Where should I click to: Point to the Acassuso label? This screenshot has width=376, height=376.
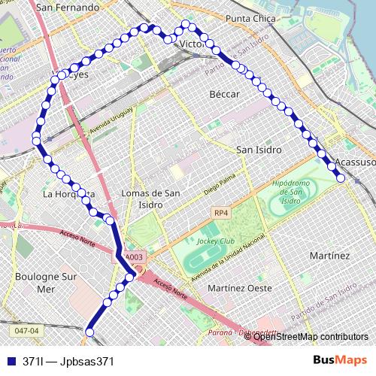point(356,162)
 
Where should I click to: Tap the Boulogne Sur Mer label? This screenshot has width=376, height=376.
point(46,282)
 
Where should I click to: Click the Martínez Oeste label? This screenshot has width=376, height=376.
point(241,289)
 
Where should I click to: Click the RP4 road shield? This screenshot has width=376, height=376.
point(220,212)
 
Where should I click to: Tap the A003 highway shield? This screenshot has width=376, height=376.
point(134,258)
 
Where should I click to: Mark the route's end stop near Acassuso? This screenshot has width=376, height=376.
point(341,178)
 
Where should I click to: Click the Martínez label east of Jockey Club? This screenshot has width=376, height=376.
point(329,256)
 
